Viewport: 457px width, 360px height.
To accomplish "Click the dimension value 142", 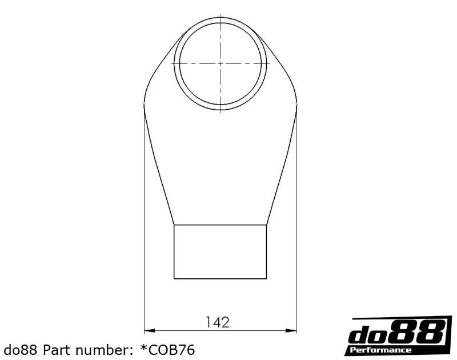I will [217, 322].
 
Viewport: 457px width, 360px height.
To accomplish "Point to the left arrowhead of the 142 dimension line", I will [147, 330].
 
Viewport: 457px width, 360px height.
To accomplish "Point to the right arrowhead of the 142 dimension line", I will [293, 330].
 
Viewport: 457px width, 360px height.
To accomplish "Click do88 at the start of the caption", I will [22, 349].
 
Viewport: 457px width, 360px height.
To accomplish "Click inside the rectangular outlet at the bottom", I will [220, 251].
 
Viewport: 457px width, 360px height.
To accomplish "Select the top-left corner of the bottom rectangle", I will [174, 225].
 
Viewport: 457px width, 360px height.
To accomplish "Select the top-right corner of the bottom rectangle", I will [267, 225].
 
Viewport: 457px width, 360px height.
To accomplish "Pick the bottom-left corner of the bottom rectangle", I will [174, 279].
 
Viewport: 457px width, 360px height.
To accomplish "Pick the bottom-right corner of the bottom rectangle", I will [267, 279].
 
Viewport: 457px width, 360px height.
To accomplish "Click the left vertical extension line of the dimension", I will [144, 229].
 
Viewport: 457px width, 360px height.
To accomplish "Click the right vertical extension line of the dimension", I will [297, 229].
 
